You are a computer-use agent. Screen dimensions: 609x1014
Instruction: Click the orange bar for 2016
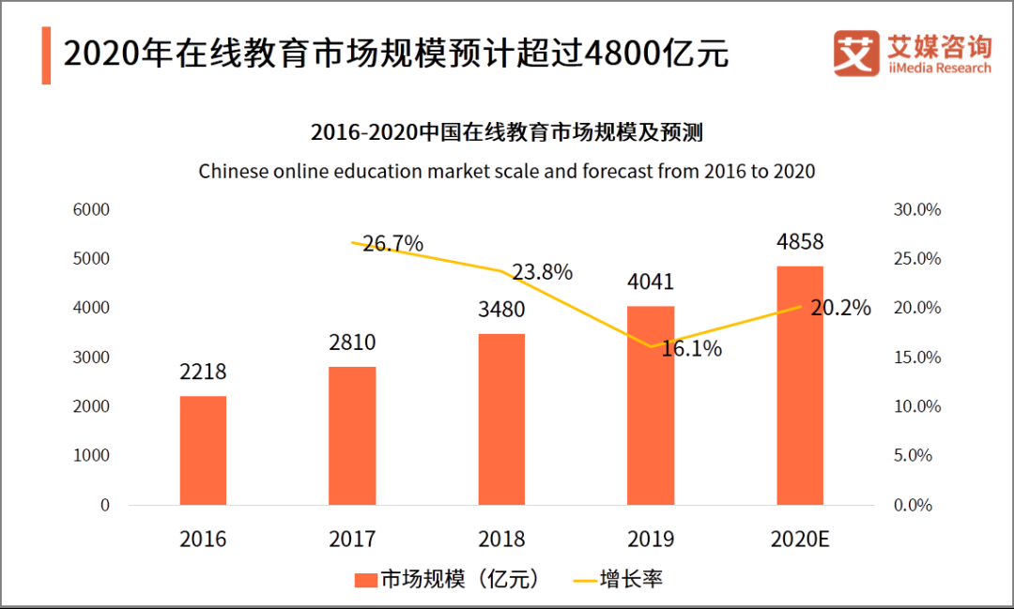tap(203, 450)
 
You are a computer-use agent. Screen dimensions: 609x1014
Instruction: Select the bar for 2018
tap(501, 419)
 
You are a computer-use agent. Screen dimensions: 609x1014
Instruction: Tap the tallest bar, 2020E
tap(800, 386)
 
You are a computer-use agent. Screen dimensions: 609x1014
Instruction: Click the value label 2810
tap(352, 343)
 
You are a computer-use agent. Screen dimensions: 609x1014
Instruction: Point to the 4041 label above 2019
tap(651, 282)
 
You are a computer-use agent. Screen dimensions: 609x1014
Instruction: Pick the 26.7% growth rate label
tap(392, 244)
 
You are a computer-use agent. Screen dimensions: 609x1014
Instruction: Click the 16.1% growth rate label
tap(691, 349)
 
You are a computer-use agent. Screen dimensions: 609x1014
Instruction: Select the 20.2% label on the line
tap(840, 308)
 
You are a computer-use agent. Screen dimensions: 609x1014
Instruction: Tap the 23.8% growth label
tap(542, 272)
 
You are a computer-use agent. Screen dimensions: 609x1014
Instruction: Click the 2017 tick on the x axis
tap(352, 539)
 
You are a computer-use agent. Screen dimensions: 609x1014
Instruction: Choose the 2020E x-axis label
tap(800, 539)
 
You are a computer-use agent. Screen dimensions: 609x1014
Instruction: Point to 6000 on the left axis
tap(92, 209)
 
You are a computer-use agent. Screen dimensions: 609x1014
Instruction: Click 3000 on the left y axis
tap(92, 358)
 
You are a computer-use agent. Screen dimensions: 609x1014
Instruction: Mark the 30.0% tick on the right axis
tap(916, 209)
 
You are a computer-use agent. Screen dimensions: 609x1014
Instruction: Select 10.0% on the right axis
tap(916, 406)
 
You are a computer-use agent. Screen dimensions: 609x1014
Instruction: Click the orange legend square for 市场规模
tap(365, 579)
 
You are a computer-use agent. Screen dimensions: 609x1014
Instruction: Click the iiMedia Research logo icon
tap(854, 53)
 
